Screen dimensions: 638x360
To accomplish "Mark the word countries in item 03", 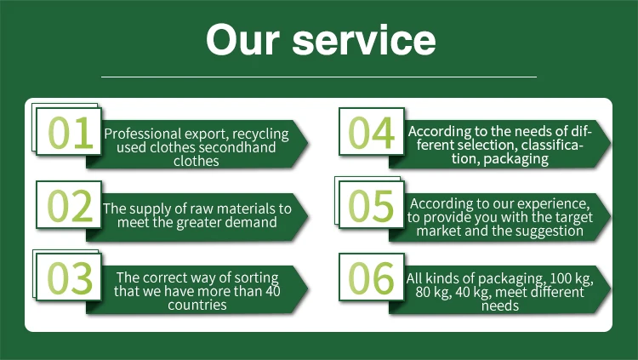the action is (x=197, y=305).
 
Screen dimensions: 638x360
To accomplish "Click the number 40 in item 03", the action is (x=271, y=291).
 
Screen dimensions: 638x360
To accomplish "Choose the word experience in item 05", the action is (x=554, y=203).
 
